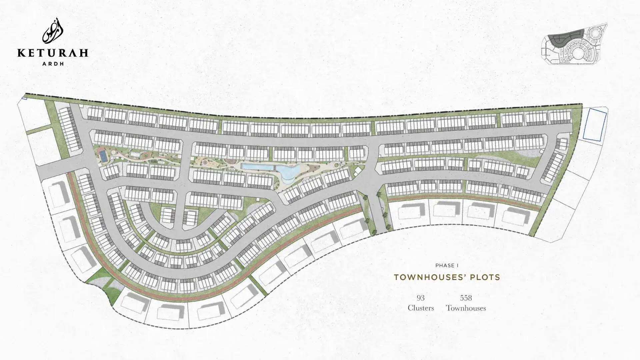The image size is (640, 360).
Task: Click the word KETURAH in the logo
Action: tap(53, 53)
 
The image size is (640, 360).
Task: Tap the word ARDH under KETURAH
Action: tap(53, 63)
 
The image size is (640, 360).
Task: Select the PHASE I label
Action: tap(447, 265)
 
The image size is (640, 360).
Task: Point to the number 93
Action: tap(420, 298)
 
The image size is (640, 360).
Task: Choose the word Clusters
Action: tap(421, 308)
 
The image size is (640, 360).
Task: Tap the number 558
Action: tap(466, 298)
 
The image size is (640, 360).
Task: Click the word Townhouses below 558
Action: tap(466, 308)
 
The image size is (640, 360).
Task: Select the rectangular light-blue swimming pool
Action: tap(257, 166)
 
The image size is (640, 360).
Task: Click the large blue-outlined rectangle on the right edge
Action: tap(594, 124)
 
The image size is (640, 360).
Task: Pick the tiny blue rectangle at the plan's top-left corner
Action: tap(24, 98)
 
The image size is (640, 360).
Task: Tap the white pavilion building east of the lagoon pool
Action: tap(357, 171)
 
